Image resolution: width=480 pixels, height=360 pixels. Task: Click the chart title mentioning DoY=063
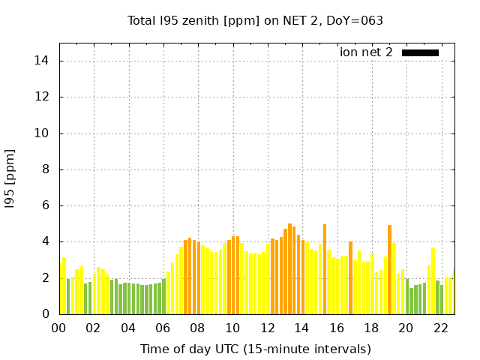pyautogui.click(x=255, y=20)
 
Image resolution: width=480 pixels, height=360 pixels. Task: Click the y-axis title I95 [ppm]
pyautogui.click(x=10, y=178)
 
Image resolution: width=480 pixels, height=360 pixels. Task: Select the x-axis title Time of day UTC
pyautogui.click(x=255, y=349)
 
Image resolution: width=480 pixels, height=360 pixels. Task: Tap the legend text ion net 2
pyautogui.click(x=366, y=52)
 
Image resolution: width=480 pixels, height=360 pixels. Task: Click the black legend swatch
pyautogui.click(x=420, y=52)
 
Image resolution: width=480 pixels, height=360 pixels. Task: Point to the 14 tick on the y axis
pyautogui.click(x=43, y=61)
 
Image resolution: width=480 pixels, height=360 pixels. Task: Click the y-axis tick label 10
pyautogui.click(x=43, y=133)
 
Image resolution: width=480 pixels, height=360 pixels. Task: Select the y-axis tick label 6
pyautogui.click(x=46, y=205)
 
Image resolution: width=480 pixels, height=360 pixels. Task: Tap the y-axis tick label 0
pyautogui.click(x=46, y=314)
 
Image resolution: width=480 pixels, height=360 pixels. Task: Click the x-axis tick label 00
pyautogui.click(x=58, y=328)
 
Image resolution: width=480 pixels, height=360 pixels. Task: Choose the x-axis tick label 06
pyautogui.click(x=163, y=328)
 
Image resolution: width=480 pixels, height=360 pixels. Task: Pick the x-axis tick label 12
pyautogui.click(x=267, y=328)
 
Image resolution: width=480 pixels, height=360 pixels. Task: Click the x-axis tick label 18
pyautogui.click(x=371, y=328)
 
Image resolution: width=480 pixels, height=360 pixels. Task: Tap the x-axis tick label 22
pyautogui.click(x=440, y=328)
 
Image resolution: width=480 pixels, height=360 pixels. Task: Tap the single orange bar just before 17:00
pyautogui.click(x=350, y=277)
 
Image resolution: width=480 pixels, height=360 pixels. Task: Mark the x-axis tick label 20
pyautogui.click(x=406, y=328)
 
